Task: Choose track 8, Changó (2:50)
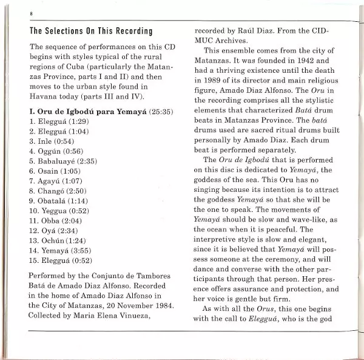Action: pyautogui.click(x=58, y=191)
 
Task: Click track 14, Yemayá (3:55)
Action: pyautogui.click(x=61, y=250)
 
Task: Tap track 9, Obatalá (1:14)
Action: pyautogui.click(x=59, y=200)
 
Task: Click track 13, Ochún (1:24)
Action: pyautogui.click(x=58, y=240)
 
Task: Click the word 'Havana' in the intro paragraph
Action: pyautogui.click(x=44, y=95)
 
